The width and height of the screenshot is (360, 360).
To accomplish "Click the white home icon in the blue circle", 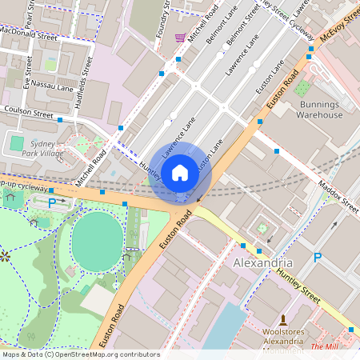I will [x=180, y=173].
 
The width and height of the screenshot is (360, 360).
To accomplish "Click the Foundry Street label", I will [x=165, y=16].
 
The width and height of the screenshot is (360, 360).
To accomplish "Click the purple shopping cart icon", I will [x=181, y=38].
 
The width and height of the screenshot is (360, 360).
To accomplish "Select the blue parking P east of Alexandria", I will [x=318, y=258].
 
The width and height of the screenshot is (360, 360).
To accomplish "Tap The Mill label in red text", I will [x=323, y=346].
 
